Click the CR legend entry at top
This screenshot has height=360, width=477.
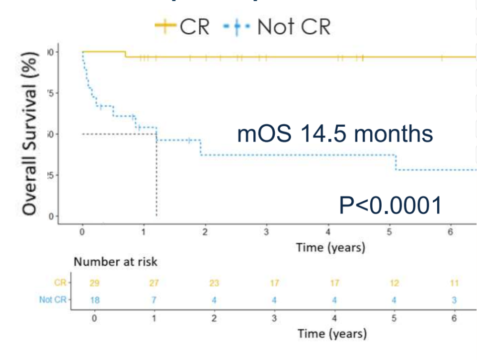182,27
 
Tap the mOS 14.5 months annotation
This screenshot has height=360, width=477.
335,134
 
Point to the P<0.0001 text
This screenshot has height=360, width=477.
391,205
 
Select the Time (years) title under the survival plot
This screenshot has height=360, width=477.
330,247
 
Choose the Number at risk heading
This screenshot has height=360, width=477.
116,262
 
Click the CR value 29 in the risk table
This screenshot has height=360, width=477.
93,284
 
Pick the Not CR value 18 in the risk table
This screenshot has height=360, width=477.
93,299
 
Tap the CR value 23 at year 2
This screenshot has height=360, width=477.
214,284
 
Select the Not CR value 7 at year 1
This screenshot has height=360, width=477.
154,299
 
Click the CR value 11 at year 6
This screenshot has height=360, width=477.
454,284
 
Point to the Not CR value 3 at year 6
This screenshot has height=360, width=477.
454,299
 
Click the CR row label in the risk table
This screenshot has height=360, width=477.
60,284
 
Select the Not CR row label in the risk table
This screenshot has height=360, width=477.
53,299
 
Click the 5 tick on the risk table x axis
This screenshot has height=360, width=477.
394,318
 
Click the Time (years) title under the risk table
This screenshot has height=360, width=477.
332,333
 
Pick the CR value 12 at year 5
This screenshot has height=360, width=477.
394,284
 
